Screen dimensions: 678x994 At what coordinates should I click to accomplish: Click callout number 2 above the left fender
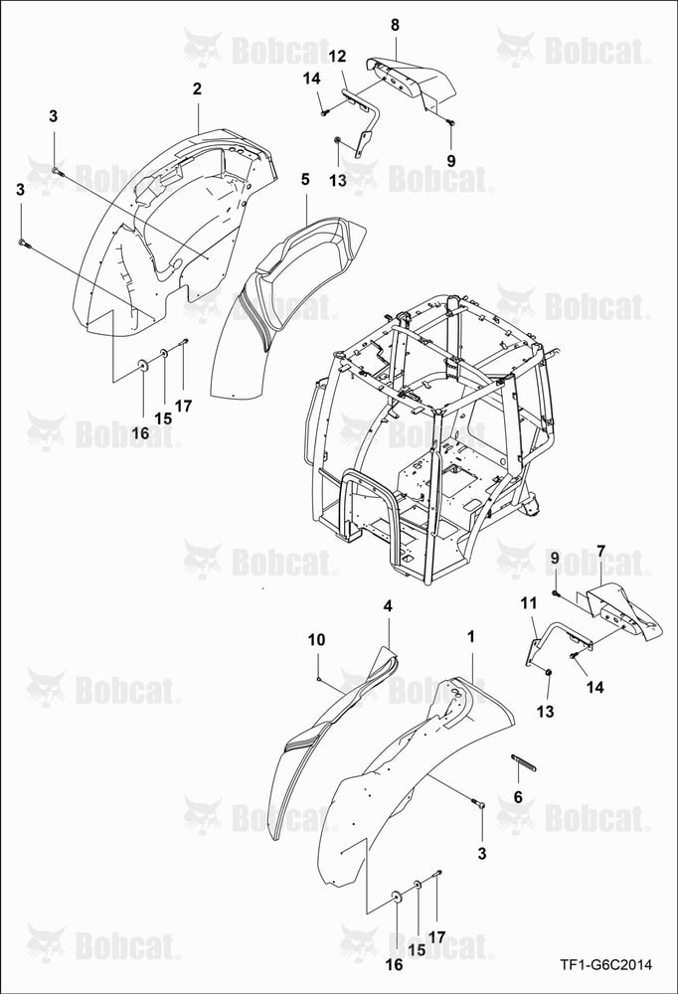[x=197, y=88]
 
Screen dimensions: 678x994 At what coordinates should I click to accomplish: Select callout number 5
[x=306, y=179]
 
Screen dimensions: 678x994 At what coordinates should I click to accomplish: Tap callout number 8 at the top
[x=395, y=25]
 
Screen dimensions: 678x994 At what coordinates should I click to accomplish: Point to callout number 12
[x=337, y=57]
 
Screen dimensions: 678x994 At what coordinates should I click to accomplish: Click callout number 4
[x=388, y=606]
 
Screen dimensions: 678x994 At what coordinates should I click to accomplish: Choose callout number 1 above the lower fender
[x=470, y=636]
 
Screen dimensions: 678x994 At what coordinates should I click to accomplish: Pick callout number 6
[x=518, y=797]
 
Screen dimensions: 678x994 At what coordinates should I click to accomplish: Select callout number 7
[x=600, y=551]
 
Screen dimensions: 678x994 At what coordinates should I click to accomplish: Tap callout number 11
[x=529, y=603]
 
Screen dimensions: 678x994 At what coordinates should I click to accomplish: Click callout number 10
[x=316, y=639]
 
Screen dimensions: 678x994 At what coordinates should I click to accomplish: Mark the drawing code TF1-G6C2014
[x=605, y=965]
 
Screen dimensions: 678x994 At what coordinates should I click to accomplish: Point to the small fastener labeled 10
[x=318, y=679]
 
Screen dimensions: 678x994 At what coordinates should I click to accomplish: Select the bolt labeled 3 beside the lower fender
[x=479, y=803]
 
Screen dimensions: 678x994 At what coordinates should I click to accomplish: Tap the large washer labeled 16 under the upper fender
[x=142, y=364]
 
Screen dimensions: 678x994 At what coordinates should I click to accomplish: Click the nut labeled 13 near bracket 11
[x=549, y=672]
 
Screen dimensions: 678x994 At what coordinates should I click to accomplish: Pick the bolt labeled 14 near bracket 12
[x=324, y=112]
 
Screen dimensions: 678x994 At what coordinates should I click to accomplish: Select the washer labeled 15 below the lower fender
[x=418, y=885]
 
